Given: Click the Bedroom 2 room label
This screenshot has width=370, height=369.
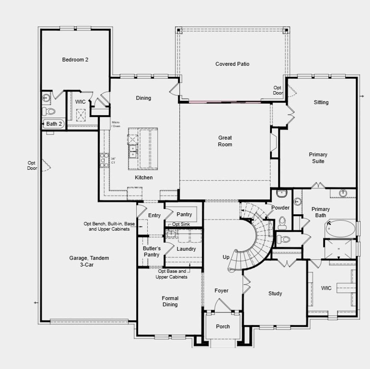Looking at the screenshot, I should click(x=75, y=60).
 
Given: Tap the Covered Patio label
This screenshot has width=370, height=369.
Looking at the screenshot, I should click(x=232, y=64).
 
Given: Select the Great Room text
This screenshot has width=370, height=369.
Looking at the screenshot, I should click(x=225, y=141).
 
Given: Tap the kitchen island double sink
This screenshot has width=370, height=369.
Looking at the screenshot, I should click(x=133, y=151).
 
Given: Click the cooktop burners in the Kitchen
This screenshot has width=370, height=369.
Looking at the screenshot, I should click(x=104, y=160).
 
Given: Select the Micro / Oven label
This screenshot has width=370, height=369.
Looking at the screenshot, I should click(x=116, y=124).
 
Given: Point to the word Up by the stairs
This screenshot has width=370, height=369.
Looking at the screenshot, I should click(x=226, y=257).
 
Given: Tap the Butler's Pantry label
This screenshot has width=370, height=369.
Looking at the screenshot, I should click(x=151, y=251).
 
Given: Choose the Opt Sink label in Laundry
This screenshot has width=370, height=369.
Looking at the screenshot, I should click(x=181, y=224).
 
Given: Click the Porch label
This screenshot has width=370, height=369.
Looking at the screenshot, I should click(x=223, y=327).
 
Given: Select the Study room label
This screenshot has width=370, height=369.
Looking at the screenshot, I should click(x=275, y=294).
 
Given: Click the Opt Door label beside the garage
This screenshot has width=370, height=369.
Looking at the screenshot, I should click(x=32, y=166).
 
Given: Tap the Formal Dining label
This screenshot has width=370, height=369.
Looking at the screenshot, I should click(x=170, y=301).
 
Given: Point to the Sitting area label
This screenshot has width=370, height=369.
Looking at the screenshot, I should click(x=321, y=102).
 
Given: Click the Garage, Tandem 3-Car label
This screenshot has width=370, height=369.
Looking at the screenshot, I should click(x=89, y=261).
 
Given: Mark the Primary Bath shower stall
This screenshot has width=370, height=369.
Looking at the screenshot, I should click(x=338, y=249).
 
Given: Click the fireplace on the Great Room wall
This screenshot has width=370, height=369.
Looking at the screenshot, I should click(x=273, y=143).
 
